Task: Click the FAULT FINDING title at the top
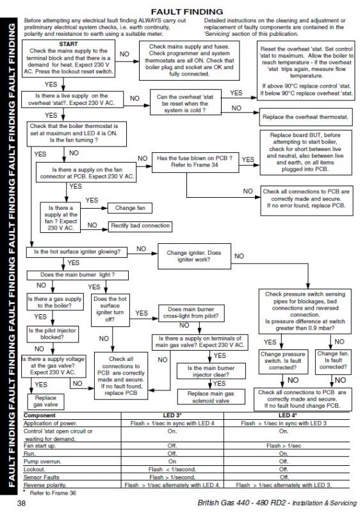[x=186, y=12]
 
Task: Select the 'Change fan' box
[x=129, y=209]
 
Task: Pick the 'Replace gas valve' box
[x=42, y=401]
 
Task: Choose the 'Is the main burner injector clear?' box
[x=210, y=372]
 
